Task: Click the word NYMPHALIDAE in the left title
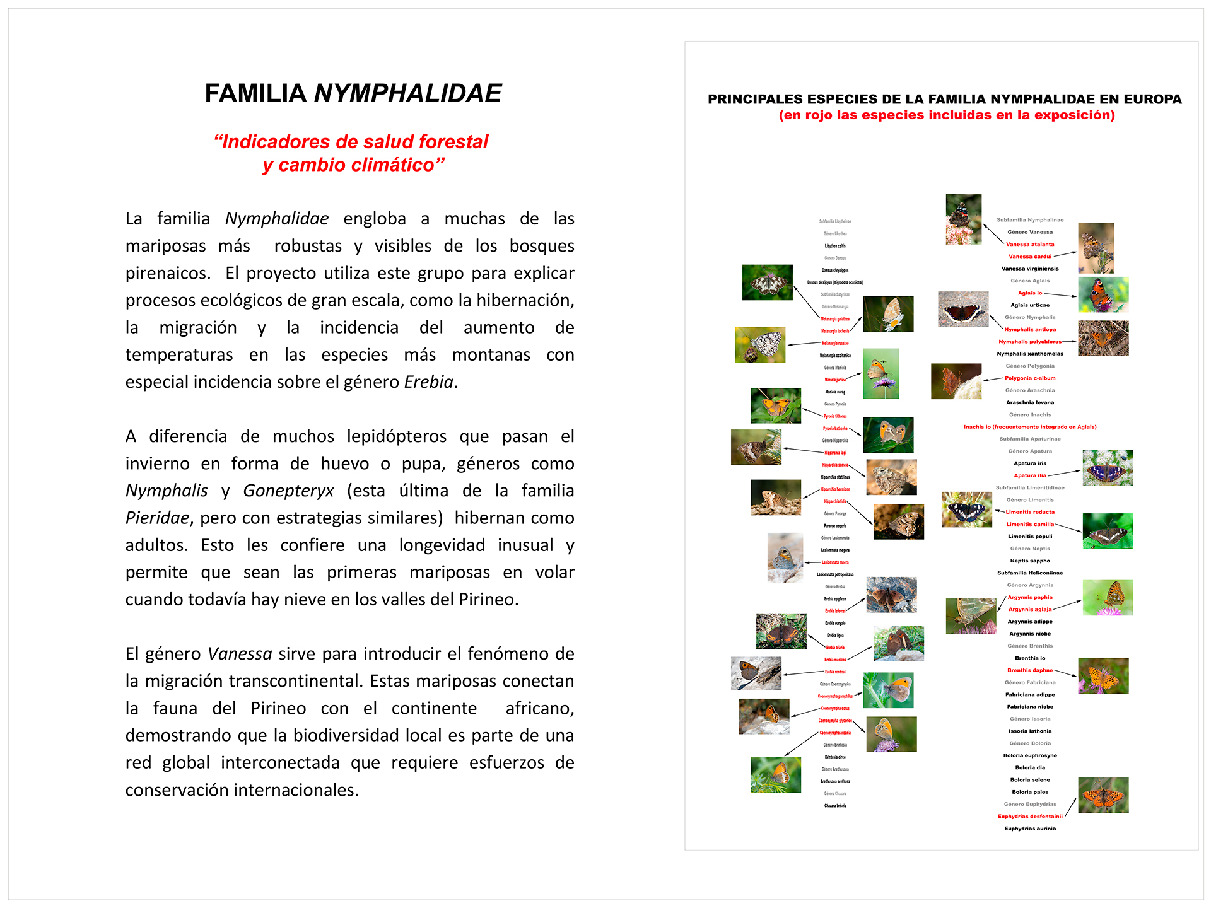click(x=407, y=93)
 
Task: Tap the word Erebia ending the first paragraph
click(x=428, y=382)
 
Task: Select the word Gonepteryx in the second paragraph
click(x=288, y=491)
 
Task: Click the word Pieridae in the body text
click(x=157, y=518)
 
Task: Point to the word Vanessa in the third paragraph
click(x=240, y=654)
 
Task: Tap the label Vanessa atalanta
click(x=1029, y=244)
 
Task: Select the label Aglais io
click(x=1029, y=293)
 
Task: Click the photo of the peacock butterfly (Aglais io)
click(x=1103, y=294)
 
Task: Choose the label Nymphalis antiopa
click(x=1029, y=330)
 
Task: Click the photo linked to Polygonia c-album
click(x=956, y=381)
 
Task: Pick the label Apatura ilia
click(x=1029, y=475)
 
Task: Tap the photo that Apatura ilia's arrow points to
click(x=1107, y=467)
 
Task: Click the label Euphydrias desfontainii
click(x=1029, y=817)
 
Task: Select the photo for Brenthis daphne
click(x=1103, y=675)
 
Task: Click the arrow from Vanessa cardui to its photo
click(x=1065, y=254)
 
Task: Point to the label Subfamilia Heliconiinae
click(x=1029, y=573)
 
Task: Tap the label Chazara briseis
click(x=835, y=806)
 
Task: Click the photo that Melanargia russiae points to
click(x=759, y=344)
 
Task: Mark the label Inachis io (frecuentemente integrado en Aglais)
click(x=1029, y=427)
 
